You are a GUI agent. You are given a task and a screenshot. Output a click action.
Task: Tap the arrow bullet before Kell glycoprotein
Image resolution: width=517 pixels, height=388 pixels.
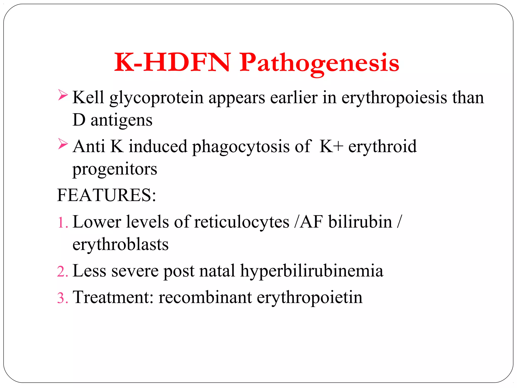[x=63, y=95]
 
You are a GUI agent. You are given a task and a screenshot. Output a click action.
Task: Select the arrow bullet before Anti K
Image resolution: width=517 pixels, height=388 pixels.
[x=63, y=144]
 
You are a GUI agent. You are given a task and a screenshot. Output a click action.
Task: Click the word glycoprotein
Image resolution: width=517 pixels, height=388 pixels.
[x=157, y=98]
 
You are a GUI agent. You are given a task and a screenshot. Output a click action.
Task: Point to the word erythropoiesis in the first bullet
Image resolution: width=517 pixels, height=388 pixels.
[x=394, y=98]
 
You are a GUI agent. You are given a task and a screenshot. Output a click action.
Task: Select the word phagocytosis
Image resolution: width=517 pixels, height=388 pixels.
[x=241, y=147]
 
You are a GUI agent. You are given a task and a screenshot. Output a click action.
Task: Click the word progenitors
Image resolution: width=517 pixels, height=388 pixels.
[x=115, y=169]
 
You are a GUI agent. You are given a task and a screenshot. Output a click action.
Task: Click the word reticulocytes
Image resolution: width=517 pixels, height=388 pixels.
[x=242, y=222]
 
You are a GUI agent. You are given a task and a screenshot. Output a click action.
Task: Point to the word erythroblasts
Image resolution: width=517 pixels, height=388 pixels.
[x=120, y=245]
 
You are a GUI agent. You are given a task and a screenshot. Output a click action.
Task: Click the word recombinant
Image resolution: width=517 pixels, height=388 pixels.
[x=205, y=297]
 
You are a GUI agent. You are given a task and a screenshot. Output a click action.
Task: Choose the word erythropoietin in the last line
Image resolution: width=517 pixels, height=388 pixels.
[x=309, y=298]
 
